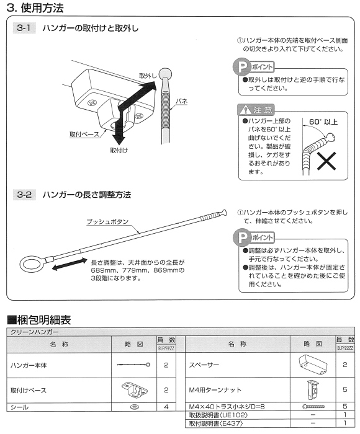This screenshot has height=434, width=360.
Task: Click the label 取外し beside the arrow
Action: [x=146, y=76]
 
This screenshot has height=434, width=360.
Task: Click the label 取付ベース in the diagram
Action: [x=83, y=134]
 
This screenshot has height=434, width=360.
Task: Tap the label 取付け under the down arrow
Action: [x=119, y=150]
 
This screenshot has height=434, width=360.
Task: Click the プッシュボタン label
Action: [x=107, y=220]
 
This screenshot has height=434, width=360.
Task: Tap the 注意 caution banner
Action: [x=256, y=110]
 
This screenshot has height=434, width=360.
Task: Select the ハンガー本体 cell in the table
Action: [x=29, y=365]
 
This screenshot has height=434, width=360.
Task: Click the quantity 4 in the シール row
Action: [x=166, y=407]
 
